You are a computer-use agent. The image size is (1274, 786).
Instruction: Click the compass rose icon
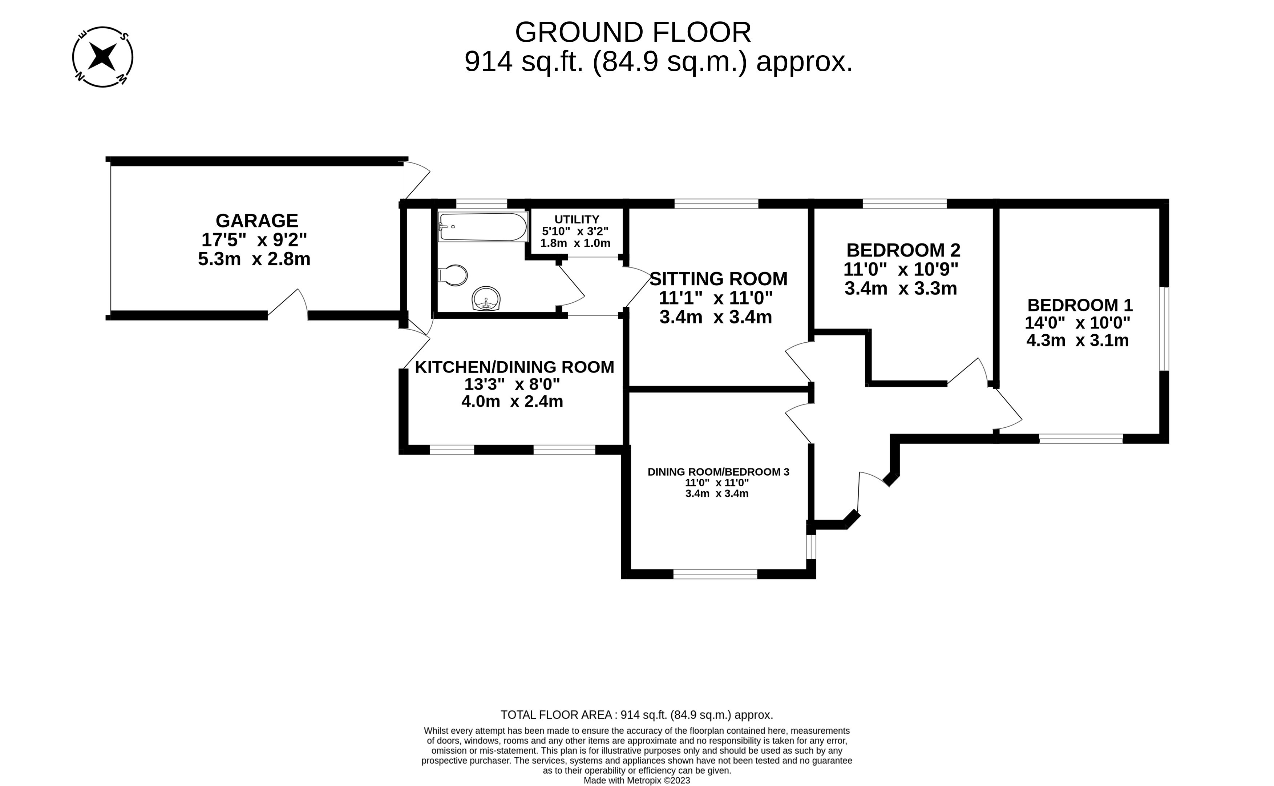(x=102, y=57)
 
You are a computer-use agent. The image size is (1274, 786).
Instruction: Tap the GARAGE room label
(x=257, y=221)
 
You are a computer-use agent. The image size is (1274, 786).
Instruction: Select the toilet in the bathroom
(x=454, y=275)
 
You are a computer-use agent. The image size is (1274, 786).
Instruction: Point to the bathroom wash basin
(x=486, y=299)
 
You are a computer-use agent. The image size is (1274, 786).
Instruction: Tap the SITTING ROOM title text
(x=718, y=279)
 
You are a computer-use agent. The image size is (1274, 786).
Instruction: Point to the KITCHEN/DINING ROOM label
(x=514, y=367)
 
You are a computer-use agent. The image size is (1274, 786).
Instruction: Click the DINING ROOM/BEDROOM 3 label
(x=718, y=472)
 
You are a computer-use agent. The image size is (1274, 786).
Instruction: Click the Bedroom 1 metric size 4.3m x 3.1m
(x=1077, y=340)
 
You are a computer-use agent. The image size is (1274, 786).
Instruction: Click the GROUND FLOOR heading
(x=633, y=32)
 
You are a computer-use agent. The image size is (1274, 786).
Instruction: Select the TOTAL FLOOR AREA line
(x=636, y=715)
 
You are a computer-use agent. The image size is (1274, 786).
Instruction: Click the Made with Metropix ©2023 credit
(x=636, y=780)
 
